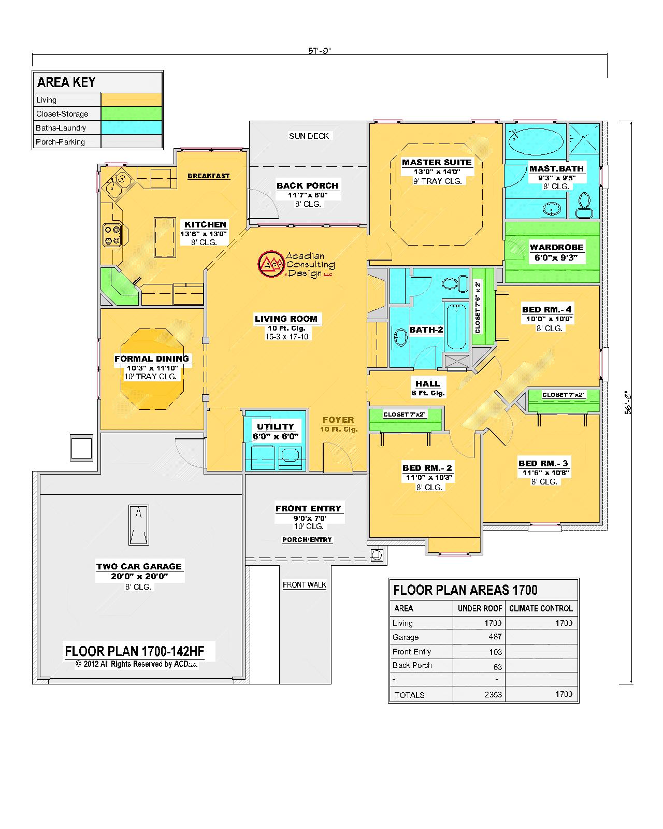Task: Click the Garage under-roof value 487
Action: click(x=495, y=637)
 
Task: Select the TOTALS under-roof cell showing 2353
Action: click(x=493, y=694)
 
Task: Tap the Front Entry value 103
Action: click(x=495, y=652)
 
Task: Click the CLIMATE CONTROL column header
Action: click(x=540, y=608)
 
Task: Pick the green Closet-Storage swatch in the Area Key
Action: click(x=131, y=113)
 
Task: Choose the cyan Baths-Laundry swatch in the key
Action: click(x=131, y=127)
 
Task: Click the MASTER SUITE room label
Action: click(x=437, y=163)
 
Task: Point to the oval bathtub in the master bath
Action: click(x=536, y=142)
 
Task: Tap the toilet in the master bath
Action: click(x=584, y=205)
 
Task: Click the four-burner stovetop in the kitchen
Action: click(x=112, y=235)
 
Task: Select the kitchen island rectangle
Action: click(x=165, y=237)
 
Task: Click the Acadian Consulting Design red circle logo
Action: click(x=271, y=264)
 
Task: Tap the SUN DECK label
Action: click(x=309, y=136)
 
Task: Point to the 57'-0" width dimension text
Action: click(x=320, y=50)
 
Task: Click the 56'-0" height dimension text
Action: click(x=628, y=403)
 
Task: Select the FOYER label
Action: click(x=338, y=420)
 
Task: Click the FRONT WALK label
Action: click(x=305, y=585)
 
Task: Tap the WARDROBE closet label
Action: click(x=556, y=247)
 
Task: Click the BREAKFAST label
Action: click(x=208, y=176)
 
